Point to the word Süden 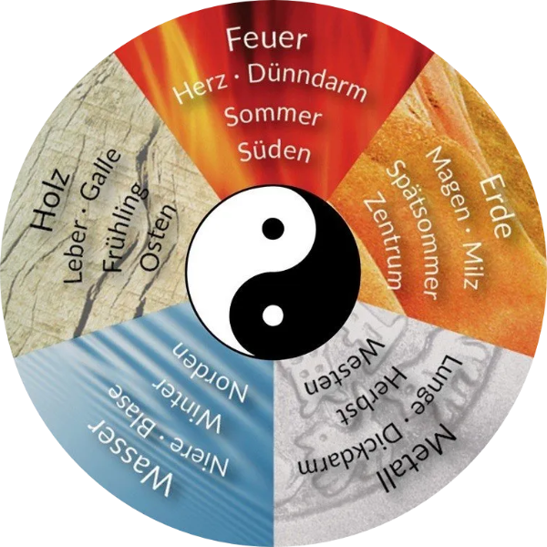274,150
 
